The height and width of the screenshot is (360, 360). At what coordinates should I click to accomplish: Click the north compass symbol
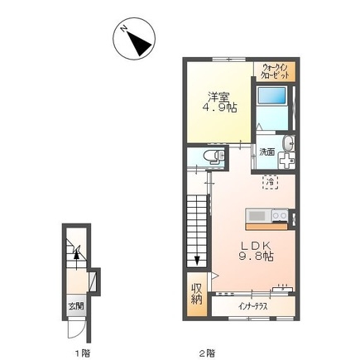134,38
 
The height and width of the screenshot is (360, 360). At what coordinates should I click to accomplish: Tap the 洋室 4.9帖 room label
219,102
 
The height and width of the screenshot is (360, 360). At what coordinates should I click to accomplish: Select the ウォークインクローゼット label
276,71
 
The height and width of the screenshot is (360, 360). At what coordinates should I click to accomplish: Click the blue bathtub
271,96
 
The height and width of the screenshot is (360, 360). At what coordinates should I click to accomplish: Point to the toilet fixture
214,157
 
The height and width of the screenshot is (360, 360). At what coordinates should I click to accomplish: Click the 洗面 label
266,151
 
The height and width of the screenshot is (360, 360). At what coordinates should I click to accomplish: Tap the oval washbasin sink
288,144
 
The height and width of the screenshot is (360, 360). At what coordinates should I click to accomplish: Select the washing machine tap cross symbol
286,161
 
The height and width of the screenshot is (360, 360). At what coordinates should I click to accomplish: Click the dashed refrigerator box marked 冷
271,182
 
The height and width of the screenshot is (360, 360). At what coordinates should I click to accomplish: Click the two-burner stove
280,216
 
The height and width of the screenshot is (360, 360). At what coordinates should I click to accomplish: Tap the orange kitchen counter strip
266,227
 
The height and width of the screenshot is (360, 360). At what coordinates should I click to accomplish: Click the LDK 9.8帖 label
256,251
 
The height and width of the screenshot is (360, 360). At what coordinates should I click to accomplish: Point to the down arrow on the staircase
197,260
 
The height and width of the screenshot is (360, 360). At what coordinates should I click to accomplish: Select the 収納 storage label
197,294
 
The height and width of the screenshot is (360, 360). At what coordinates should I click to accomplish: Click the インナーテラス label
253,306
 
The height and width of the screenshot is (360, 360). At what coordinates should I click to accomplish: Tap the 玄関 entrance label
76,306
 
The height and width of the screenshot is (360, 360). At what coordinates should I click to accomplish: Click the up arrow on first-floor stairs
76,259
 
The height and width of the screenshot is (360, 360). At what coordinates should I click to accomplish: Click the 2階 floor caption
207,353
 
